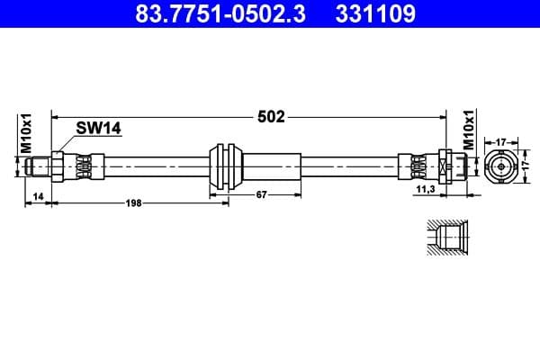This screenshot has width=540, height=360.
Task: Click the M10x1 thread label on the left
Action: pyautogui.click(x=26, y=133)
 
